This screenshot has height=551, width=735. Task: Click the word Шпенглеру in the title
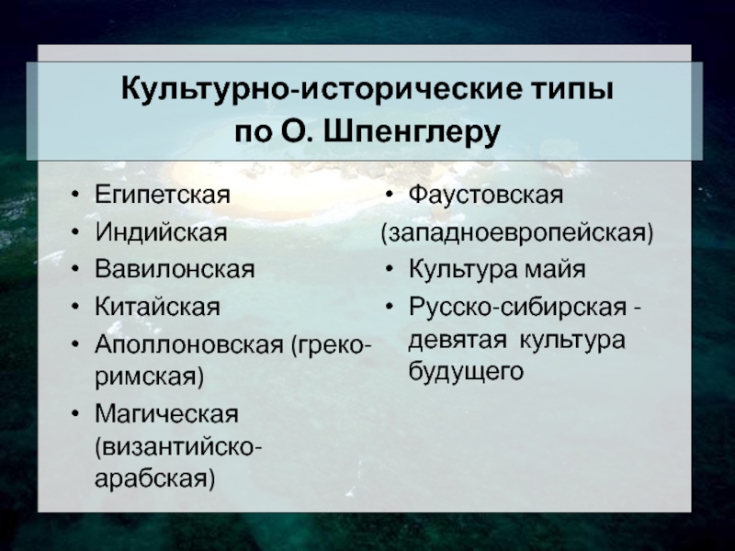tap(412, 132)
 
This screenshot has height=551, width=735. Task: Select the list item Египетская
tap(163, 194)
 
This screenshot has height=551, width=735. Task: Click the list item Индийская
tap(161, 232)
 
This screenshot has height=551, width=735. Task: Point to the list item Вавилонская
tap(175, 269)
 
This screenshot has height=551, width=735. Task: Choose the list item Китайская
tap(157, 307)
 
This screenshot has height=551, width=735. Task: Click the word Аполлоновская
tap(189, 345)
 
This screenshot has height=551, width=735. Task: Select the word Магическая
tap(166, 414)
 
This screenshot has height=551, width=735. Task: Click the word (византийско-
tap(178, 447)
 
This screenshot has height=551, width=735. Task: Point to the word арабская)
tap(154, 478)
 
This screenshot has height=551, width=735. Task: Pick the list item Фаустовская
tap(486, 194)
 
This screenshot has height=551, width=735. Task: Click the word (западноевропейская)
tap(517, 233)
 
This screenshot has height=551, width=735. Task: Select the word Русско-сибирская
tap(517, 308)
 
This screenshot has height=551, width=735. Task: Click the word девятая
tap(458, 340)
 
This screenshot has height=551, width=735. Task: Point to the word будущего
tap(466, 373)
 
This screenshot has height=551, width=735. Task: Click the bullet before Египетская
tap(74, 195)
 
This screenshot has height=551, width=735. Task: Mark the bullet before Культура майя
tap(389, 270)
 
